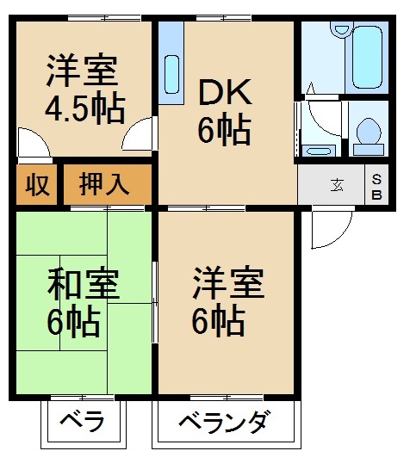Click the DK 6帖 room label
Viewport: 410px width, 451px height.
(x=225, y=111)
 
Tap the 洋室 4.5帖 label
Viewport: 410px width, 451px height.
(x=85, y=89)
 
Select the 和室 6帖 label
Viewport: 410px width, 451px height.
(x=83, y=303)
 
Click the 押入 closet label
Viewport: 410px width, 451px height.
(x=104, y=184)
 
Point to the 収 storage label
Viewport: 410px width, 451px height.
(x=37, y=185)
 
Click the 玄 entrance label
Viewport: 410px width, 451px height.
(x=337, y=185)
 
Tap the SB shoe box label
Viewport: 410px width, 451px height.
(x=376, y=188)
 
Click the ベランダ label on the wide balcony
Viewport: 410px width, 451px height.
(x=225, y=422)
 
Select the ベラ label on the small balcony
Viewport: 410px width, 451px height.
(x=82, y=422)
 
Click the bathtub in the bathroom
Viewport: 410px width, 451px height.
(x=367, y=57)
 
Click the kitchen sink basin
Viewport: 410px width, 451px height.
(x=171, y=75)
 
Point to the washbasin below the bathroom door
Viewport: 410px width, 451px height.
(x=319, y=151)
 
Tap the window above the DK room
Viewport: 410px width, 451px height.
(x=224, y=18)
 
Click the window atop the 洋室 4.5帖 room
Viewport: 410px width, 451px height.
(x=104, y=18)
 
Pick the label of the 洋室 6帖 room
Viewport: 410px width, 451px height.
(x=227, y=301)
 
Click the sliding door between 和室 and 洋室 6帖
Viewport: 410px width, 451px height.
(x=155, y=302)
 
